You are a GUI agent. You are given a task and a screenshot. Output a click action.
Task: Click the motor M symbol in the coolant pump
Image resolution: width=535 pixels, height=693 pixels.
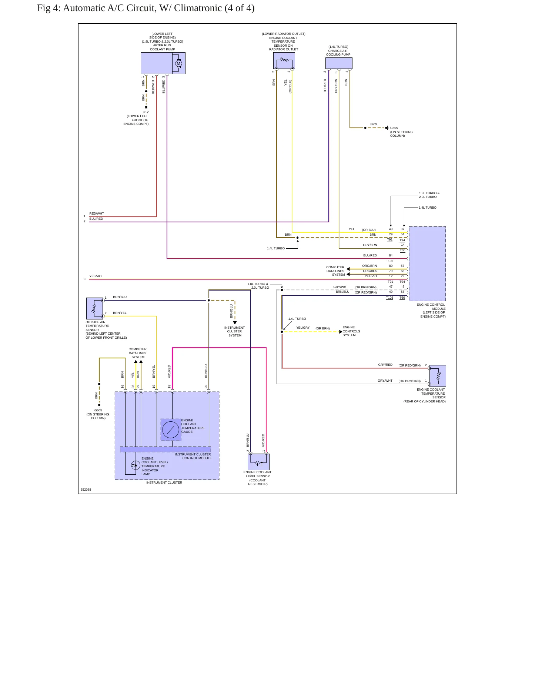178,63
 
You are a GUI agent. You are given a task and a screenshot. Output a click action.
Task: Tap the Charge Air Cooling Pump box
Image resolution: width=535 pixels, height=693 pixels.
339,63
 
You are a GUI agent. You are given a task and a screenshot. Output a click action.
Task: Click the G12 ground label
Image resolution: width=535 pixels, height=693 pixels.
146,112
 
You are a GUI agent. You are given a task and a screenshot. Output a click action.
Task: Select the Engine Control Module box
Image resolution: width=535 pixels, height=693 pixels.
427,263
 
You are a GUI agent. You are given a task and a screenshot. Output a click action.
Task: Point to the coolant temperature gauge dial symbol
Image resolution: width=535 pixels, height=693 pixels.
171,430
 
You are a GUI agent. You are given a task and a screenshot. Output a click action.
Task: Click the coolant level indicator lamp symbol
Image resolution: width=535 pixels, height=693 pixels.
135,465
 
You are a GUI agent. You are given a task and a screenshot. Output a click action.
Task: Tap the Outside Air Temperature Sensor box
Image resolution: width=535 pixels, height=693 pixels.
95,308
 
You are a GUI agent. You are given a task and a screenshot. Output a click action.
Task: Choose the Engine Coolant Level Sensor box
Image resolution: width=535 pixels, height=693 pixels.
258,462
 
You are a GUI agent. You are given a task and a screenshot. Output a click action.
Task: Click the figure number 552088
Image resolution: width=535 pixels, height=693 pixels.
86,490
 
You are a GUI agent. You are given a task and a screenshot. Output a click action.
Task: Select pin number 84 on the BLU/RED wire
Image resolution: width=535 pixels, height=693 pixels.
391,255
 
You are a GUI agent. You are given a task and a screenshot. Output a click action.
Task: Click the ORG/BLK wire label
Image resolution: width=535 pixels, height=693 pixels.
370,271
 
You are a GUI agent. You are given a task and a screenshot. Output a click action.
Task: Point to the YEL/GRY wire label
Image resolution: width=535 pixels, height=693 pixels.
303,328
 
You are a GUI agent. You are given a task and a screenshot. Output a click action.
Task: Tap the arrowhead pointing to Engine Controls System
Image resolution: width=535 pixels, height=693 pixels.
341,332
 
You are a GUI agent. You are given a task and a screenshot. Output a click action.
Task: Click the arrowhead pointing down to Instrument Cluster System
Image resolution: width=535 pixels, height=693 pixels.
235,323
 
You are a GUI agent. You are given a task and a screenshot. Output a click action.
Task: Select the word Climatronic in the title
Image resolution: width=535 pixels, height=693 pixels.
198,8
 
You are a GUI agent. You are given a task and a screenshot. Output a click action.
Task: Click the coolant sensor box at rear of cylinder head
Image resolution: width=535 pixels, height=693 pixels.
438,376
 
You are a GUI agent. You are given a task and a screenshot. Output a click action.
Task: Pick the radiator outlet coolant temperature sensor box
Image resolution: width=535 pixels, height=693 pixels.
284,60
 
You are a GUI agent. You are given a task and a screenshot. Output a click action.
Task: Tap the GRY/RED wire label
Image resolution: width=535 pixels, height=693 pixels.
385,365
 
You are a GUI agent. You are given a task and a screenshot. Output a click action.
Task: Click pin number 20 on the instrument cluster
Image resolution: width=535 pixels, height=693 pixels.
206,387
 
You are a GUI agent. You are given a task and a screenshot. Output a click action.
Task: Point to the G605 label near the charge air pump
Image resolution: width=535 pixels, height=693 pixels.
394,128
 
